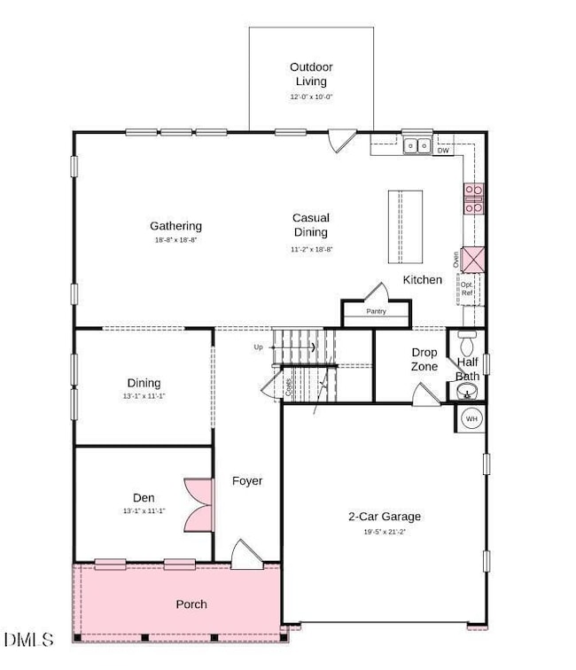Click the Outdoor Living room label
(310, 74)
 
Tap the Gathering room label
(175, 226)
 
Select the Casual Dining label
(310, 224)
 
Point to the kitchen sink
(416, 145)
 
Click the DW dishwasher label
(442, 152)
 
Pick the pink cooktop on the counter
(473, 199)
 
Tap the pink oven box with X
(473, 261)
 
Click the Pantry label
(377, 312)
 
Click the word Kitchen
(423, 280)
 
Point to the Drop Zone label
(424, 359)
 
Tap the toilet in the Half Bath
(468, 340)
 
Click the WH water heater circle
(471, 418)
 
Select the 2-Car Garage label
(384, 517)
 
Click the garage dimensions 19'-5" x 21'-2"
(384, 533)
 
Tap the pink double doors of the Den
(197, 505)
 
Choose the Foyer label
(247, 481)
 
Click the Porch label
(191, 604)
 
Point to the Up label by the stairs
(259, 347)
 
